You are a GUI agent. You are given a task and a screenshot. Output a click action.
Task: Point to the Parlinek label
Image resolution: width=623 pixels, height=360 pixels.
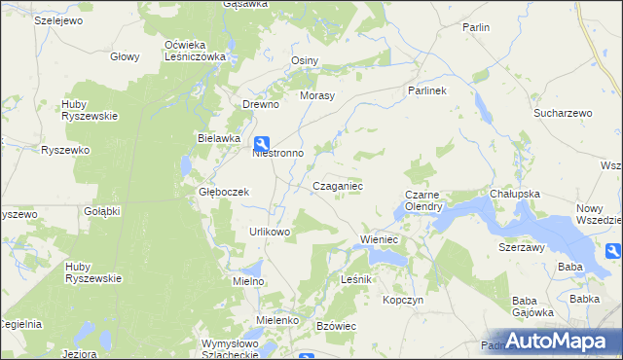point(426,91)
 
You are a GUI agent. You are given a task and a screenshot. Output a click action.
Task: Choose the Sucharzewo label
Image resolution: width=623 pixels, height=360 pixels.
point(563,114)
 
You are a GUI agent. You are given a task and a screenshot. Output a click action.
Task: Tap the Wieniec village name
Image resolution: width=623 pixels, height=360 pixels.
point(382,238)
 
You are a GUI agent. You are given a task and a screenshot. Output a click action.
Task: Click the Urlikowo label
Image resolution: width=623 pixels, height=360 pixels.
point(270,232)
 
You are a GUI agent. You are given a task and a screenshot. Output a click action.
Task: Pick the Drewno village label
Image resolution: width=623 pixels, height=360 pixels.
point(261,105)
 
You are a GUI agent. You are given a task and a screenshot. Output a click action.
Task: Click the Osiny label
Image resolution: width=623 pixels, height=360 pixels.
point(306,60)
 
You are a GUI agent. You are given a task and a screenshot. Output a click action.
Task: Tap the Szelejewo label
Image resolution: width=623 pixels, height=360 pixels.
point(35,19)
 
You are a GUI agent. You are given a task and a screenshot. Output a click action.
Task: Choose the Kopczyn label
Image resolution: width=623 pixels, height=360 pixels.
point(404,301)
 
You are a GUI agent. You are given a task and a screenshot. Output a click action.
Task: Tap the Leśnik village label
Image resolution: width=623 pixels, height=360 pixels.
point(357,279)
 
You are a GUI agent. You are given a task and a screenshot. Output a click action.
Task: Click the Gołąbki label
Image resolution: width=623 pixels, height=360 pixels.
point(101,211)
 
